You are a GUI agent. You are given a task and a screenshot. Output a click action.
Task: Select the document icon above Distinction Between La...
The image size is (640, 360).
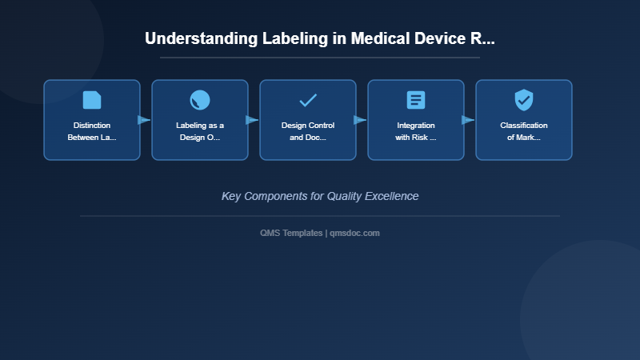(92, 100)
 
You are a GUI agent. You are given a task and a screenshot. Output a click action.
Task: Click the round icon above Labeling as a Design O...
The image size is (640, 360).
(200, 100)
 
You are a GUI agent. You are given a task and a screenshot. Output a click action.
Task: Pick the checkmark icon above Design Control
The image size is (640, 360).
(308, 100)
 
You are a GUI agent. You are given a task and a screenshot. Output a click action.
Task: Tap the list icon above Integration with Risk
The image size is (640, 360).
(416, 100)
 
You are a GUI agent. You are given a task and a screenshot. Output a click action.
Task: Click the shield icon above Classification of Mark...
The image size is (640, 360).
(524, 100)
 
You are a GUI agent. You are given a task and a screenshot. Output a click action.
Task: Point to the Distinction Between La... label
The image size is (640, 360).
(92, 131)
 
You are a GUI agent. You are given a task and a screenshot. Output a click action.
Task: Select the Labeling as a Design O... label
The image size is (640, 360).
(200, 131)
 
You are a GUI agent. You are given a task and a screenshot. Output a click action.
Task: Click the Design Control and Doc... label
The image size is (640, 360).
(308, 131)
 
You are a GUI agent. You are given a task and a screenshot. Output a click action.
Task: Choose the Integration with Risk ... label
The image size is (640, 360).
(416, 131)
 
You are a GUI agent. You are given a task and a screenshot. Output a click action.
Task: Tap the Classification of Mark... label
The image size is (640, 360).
(524, 131)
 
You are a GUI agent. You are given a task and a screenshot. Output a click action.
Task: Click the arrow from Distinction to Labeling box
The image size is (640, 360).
(144, 120)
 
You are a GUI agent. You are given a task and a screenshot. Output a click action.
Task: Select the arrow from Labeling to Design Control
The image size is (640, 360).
(252, 120)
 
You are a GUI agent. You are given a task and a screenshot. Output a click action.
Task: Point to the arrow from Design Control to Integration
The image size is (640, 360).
(360, 120)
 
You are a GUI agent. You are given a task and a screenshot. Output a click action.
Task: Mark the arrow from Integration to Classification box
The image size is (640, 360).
(468, 120)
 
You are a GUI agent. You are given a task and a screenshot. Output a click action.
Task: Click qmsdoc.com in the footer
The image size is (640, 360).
(355, 233)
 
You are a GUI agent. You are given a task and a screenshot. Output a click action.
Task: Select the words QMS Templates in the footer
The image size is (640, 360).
(291, 233)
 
